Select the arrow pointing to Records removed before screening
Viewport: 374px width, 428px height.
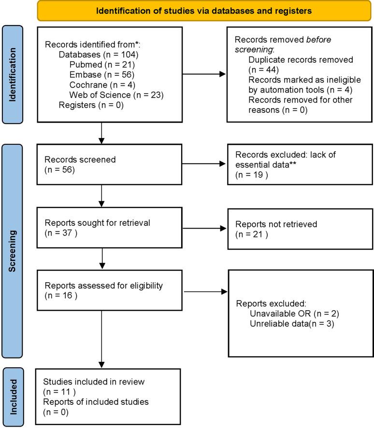[203, 74]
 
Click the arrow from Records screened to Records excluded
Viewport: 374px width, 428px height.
[203, 164]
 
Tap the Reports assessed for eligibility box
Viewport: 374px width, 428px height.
[102, 291]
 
